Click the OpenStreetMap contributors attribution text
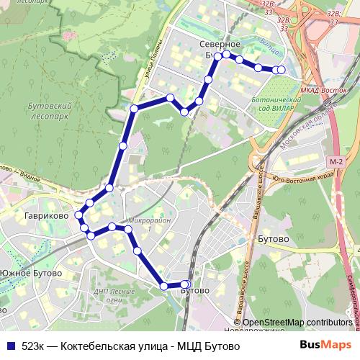297,323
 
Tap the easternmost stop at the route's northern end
281,69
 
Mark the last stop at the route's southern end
186,284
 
